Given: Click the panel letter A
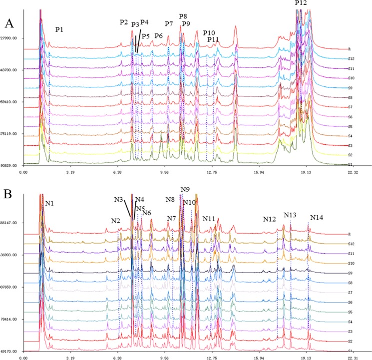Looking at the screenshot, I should point(9,23).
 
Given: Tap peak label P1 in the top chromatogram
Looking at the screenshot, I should point(59,30).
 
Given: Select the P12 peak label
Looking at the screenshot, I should point(301,3).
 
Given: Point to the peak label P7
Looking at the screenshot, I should point(169,24).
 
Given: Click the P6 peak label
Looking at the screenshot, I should point(158,36).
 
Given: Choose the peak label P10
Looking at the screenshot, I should point(209,33).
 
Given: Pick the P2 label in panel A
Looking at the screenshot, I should point(124,22).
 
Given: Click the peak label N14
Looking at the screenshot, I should point(317,218).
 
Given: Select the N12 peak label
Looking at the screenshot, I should point(270,219).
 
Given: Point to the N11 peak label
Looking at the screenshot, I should point(209,219).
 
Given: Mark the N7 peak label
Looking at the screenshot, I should point(171,219).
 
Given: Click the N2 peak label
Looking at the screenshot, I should point(115,221).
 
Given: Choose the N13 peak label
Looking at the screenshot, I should point(290,215).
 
